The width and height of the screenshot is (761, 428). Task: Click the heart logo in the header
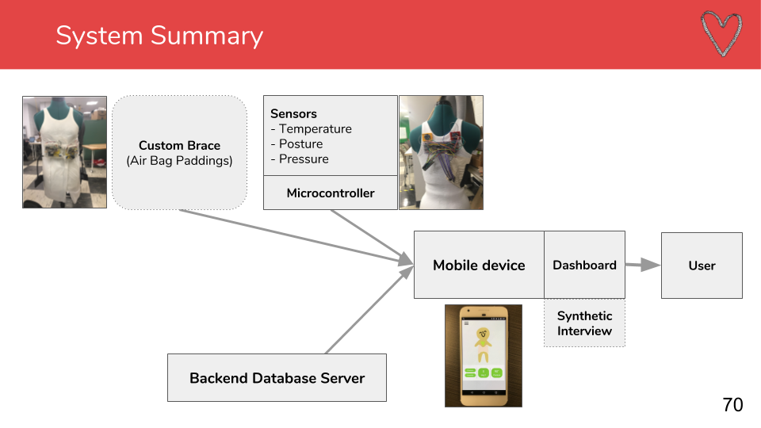(721, 34)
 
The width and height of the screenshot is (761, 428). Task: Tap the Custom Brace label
(180, 146)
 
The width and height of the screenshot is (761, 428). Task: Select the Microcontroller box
(331, 193)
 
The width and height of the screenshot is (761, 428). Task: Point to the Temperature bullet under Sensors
(311, 129)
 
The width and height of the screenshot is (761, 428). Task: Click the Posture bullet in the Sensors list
(296, 144)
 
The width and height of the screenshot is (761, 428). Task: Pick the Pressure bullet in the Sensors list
(300, 159)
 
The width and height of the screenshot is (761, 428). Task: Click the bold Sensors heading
(293, 113)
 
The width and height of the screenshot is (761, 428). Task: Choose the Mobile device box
(479, 265)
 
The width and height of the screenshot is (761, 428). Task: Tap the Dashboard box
(584, 265)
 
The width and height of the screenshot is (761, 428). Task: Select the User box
(702, 266)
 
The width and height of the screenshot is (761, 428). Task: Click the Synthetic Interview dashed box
(584, 323)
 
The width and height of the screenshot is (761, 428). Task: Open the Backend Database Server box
(277, 377)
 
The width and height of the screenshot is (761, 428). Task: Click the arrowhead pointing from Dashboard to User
(651, 265)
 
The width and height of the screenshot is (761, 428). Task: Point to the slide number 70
(732, 405)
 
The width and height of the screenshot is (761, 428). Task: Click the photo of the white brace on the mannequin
(64, 152)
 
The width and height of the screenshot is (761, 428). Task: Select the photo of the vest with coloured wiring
(442, 152)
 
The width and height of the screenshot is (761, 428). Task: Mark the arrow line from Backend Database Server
(369, 310)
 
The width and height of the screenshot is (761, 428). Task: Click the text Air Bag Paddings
(180, 161)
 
